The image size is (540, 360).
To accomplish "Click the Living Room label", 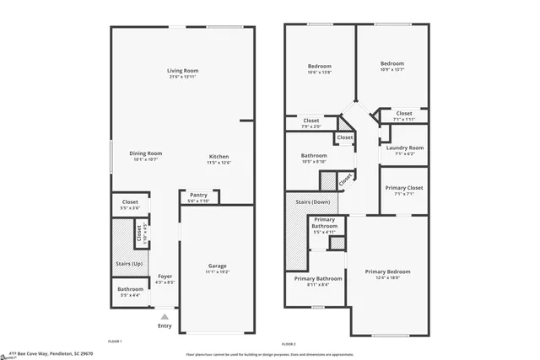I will tap(182, 71).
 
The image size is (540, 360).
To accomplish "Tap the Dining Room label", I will tap(145, 153).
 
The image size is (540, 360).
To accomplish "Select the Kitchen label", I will tap(219, 158).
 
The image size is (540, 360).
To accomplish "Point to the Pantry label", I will tap(198, 195).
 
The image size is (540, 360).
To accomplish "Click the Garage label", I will tap(217, 266).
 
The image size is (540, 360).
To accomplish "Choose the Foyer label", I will tap(165, 276).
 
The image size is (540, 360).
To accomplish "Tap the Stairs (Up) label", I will tap(129, 264).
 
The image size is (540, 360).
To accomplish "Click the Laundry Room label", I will tap(404, 148).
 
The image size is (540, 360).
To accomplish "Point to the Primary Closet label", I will tap(404, 188).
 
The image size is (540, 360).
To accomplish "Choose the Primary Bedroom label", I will tap(387, 271).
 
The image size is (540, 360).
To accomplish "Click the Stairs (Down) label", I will tap(313, 202).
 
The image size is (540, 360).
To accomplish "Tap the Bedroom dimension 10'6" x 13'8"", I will tap(319, 73).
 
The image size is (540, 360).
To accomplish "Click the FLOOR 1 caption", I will tap(115, 341).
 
